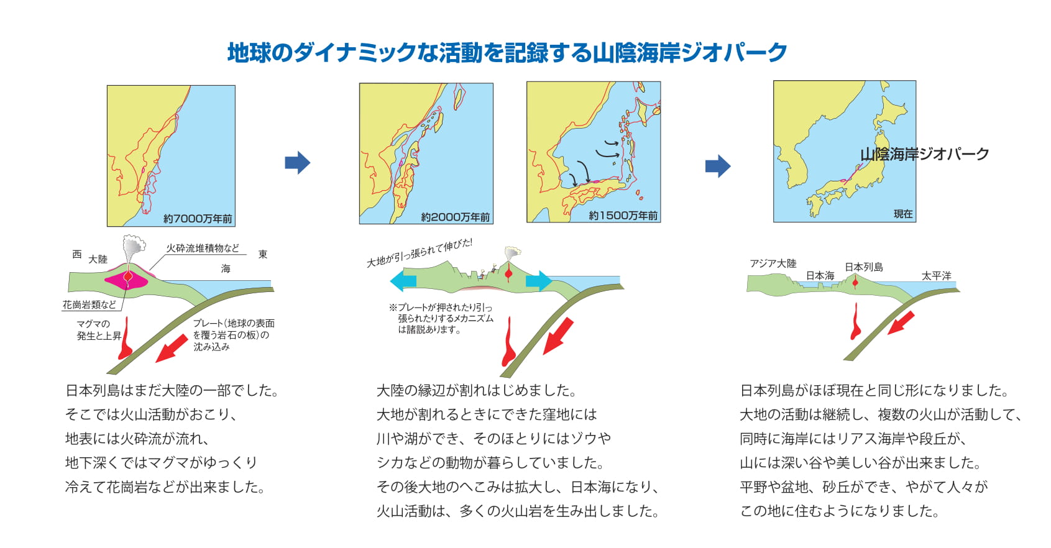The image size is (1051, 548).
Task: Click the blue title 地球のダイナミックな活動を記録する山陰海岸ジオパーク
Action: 507,52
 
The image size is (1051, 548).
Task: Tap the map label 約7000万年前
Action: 198,219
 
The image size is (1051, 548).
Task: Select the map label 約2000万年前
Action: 455,217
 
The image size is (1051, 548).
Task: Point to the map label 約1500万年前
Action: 623,216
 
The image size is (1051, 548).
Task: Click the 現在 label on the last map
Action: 902,214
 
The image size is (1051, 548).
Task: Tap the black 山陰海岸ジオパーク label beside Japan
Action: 924,154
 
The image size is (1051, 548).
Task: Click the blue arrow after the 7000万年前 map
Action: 298,163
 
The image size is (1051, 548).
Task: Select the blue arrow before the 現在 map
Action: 718,166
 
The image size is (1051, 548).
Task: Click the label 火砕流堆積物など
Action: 203,248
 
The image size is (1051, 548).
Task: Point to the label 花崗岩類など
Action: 89,304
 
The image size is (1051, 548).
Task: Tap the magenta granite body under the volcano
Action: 126,280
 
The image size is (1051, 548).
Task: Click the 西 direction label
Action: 77,254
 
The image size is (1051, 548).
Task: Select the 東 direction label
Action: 263,254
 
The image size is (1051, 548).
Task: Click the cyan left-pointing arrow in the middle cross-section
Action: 403,281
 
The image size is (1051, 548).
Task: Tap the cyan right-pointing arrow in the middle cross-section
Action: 539,281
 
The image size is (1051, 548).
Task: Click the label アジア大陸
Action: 773,263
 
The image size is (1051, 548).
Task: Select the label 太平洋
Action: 936,276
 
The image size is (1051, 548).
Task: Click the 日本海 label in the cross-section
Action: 820,276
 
